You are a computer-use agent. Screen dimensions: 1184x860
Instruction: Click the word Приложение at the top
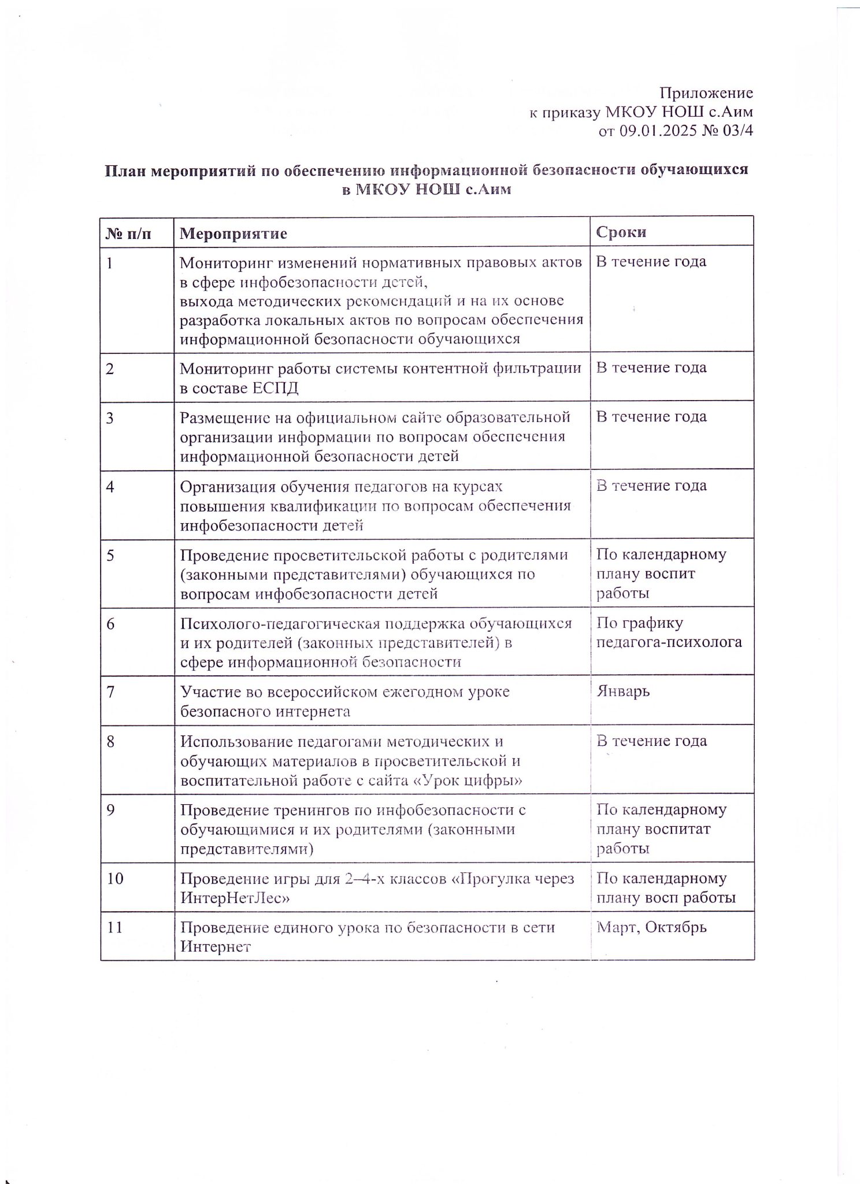pyautogui.click(x=706, y=93)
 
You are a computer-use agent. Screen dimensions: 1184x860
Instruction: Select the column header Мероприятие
pyautogui.click(x=233, y=233)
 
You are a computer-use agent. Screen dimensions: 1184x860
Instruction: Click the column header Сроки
pyautogui.click(x=621, y=232)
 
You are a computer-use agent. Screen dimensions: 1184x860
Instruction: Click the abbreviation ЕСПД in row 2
pyautogui.click(x=276, y=388)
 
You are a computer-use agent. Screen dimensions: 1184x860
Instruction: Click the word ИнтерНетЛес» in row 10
pyautogui.click(x=235, y=898)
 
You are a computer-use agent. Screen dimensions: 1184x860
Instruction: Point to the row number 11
pyautogui.click(x=115, y=927)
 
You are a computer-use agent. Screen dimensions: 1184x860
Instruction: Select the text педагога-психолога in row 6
pyautogui.click(x=669, y=642)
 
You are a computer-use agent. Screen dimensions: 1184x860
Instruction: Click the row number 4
pyautogui.click(x=110, y=486)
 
